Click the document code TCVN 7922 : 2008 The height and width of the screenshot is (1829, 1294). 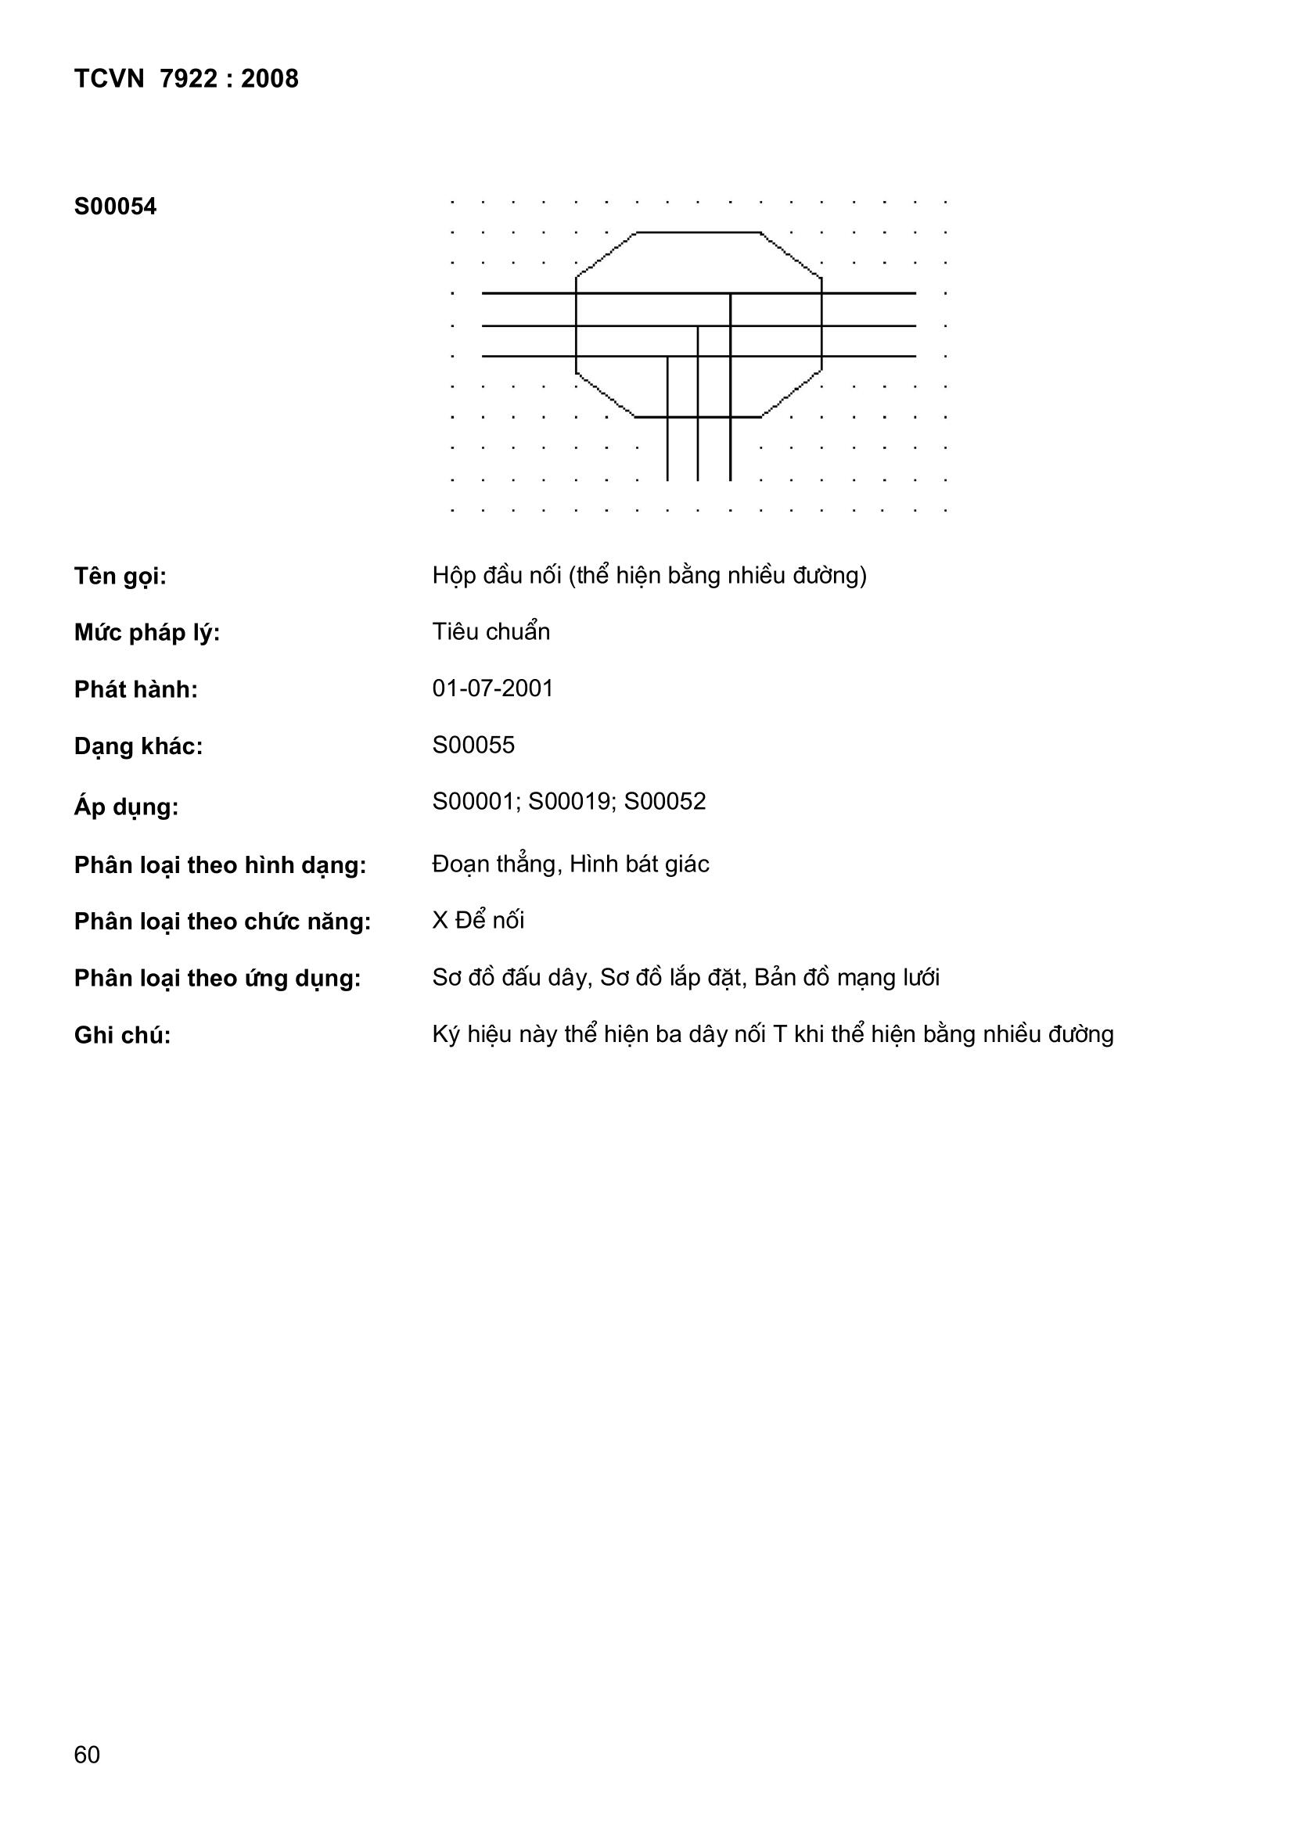pos(186,79)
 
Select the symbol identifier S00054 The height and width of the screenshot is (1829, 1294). pos(116,207)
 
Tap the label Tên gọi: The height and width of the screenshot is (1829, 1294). pos(120,576)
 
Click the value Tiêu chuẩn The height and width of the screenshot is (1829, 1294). pos(491,632)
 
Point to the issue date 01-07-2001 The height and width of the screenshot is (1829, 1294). pos(492,688)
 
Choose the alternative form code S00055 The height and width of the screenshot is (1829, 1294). pos(473,745)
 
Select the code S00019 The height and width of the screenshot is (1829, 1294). pos(570,801)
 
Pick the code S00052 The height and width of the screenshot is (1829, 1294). pos(664,801)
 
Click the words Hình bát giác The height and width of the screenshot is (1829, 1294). pos(639,864)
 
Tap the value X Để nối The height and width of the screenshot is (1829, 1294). pos(478,921)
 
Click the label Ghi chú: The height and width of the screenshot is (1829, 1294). pos(123,1036)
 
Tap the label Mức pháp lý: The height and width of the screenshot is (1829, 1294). pos(146,634)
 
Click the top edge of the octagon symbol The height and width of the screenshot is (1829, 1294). pos(698,232)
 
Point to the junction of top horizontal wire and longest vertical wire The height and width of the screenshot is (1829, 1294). pos(731,293)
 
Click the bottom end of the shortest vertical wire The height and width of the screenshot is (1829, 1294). pos(667,480)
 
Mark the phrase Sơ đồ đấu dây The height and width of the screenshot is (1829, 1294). pos(511,977)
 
